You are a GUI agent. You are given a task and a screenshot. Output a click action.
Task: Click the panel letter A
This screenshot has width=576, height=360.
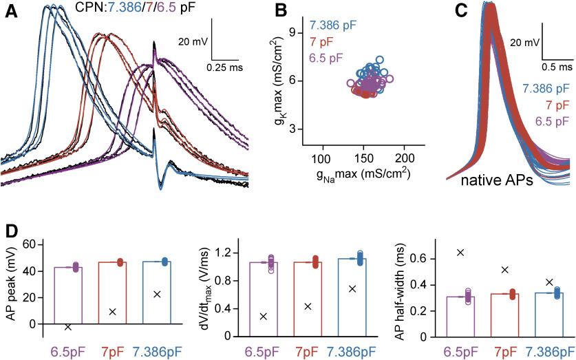(x=11, y=12)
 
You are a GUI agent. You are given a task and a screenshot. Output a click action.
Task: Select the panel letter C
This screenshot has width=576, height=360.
(x=462, y=12)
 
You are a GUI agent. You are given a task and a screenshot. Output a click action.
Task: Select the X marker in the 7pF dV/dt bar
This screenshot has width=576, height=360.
(x=308, y=306)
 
